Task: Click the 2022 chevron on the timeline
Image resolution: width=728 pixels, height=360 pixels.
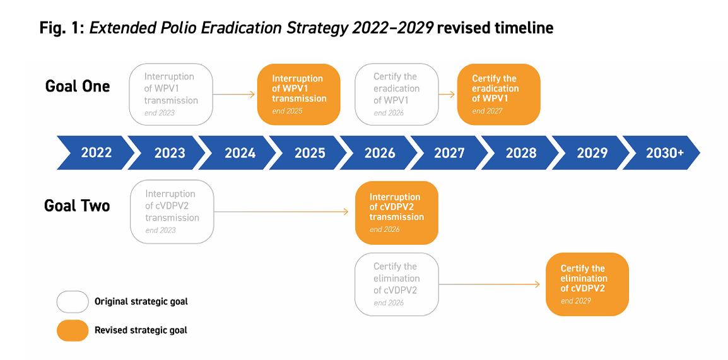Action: [96, 153]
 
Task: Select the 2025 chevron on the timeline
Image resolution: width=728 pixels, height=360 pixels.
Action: [308, 153]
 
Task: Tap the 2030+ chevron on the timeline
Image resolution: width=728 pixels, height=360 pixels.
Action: [662, 153]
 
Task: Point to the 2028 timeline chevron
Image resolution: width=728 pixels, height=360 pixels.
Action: [520, 153]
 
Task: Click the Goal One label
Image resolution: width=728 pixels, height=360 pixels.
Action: [78, 86]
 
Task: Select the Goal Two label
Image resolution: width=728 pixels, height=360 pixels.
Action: [77, 206]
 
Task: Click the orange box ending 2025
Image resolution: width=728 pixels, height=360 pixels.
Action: [298, 94]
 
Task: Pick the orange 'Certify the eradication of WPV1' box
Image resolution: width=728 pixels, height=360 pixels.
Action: [498, 94]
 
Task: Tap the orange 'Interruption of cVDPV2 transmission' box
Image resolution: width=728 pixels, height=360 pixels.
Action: [397, 212]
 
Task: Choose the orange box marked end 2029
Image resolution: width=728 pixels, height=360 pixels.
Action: [587, 284]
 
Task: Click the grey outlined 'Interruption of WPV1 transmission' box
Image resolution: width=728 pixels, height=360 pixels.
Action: [171, 94]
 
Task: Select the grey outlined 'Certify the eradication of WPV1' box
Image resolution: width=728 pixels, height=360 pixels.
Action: [397, 94]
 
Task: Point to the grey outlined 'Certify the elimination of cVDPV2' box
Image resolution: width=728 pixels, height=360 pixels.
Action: [397, 284]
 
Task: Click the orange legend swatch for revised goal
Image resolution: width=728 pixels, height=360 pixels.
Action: [73, 330]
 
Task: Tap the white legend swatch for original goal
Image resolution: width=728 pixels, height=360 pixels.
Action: [73, 301]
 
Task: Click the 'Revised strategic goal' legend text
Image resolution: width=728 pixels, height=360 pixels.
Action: [141, 330]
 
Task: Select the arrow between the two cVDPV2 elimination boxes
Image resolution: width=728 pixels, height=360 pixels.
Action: [490, 284]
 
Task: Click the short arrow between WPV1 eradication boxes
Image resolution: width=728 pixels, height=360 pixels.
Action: [447, 94]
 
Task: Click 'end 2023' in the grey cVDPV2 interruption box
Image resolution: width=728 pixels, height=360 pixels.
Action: [161, 230]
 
